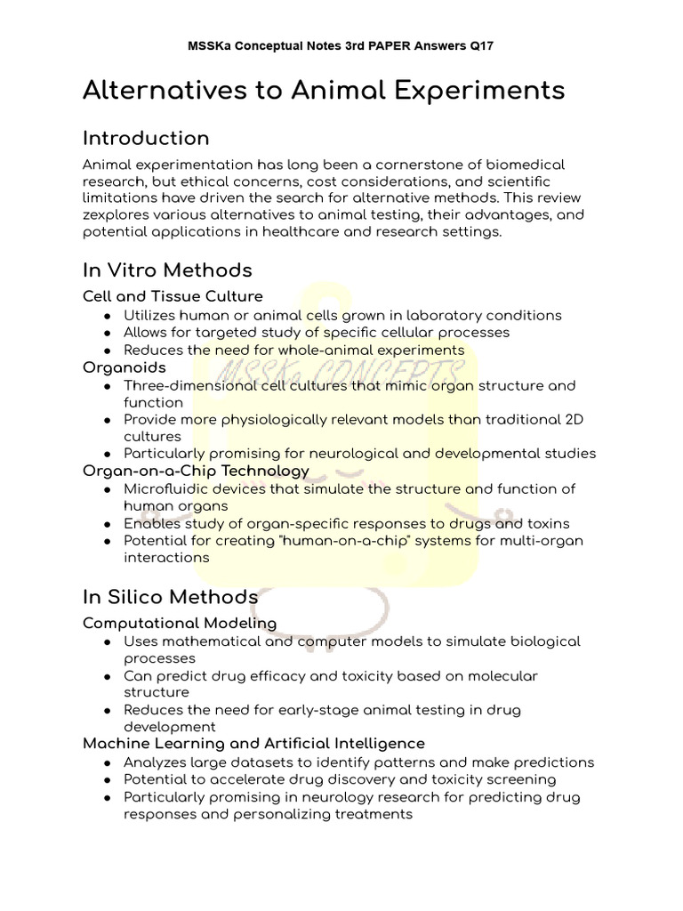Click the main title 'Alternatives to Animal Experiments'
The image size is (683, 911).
pos(324,91)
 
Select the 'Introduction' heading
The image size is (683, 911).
pos(146,138)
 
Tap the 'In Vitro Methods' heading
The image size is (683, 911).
pos(167,270)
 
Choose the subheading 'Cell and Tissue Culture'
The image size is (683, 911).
pos(173,295)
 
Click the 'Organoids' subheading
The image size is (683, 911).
pos(125,367)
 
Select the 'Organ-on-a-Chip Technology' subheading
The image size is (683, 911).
pos(196,470)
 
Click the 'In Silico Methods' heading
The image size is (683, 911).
pos(171,596)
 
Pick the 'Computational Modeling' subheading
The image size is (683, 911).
pos(180,623)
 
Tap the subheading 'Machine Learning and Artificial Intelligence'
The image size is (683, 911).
pos(253,742)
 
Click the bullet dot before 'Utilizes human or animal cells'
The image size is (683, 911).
pos(107,316)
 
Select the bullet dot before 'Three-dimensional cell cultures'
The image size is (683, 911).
pos(107,386)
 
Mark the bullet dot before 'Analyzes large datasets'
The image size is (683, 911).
pos(107,763)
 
